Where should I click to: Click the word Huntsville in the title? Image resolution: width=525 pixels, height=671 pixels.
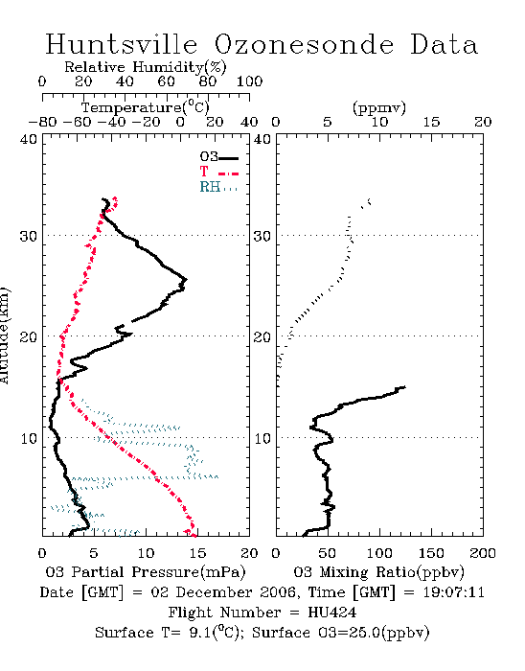122,44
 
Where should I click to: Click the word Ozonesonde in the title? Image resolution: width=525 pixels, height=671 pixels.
304,44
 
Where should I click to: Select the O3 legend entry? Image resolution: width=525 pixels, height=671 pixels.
218,157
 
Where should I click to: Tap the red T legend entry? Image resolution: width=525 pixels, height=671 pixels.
218,172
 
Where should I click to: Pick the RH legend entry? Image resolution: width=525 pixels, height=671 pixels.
218,187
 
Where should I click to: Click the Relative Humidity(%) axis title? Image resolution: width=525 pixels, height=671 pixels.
146,67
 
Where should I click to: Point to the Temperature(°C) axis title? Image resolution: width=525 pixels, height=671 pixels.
146,107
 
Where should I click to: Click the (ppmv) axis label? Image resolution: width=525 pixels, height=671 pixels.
379,108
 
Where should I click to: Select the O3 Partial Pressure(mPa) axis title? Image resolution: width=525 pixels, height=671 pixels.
146,572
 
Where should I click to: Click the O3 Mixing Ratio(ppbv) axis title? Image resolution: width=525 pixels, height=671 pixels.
378,572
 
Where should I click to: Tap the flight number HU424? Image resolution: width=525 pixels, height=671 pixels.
332,613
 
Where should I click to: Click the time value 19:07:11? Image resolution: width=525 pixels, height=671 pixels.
454,592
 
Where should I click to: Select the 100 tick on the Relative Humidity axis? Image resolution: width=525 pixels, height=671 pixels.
250,81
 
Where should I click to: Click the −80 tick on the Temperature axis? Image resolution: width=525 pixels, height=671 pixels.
42,123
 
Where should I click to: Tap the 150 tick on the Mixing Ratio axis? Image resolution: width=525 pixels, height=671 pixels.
431,553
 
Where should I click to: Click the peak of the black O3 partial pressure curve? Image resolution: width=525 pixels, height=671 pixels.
186,280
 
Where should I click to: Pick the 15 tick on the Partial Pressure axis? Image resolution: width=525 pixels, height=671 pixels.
197,553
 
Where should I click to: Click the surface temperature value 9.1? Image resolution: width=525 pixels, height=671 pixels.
199,633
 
